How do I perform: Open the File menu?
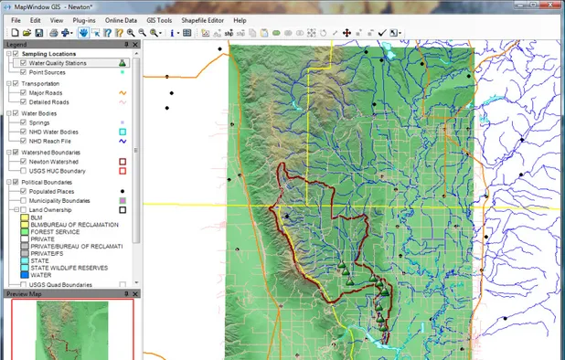click(16, 19)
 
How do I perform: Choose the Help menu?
click(240, 19)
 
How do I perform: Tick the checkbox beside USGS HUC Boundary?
click(25, 171)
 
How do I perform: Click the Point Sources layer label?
click(48, 72)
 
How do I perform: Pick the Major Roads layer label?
click(47, 92)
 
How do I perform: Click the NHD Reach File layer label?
click(55, 142)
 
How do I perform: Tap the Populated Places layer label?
click(54, 192)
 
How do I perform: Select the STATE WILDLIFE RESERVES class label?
click(69, 268)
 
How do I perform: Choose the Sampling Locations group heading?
click(54, 54)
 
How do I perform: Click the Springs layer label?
click(40, 122)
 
